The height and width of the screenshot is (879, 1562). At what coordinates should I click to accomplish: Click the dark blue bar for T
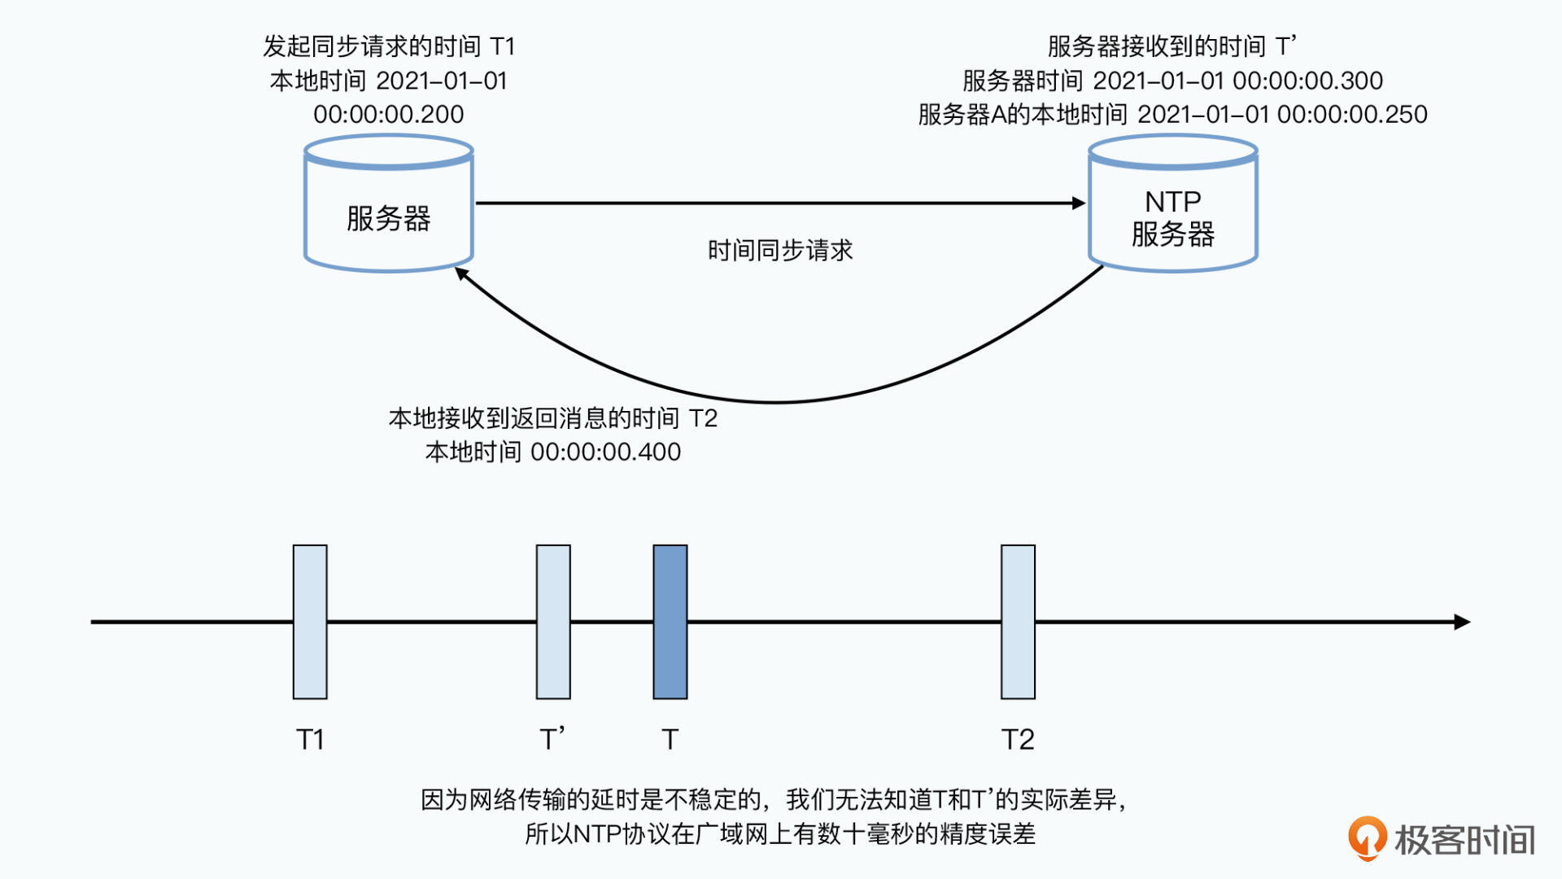[x=670, y=622]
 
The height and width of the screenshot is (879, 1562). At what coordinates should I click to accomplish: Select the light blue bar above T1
[x=310, y=622]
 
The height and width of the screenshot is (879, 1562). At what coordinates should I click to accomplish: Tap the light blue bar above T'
[x=553, y=622]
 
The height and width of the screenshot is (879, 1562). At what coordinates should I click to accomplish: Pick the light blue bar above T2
[x=1018, y=622]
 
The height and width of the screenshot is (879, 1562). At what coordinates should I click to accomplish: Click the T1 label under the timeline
[x=310, y=739]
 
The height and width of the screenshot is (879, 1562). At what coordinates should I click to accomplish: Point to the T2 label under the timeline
[x=1018, y=739]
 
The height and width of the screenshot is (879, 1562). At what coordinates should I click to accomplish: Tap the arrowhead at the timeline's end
[x=1462, y=622]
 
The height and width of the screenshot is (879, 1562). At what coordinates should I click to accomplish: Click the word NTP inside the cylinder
[x=1173, y=201]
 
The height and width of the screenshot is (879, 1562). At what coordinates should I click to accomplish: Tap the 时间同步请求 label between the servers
[x=780, y=250]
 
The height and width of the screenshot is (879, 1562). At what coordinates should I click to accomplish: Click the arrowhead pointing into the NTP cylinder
[x=1079, y=203]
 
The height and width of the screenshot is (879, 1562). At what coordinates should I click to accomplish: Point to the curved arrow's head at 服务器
[x=461, y=273]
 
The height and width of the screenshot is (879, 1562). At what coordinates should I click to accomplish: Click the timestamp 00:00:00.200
[x=389, y=114]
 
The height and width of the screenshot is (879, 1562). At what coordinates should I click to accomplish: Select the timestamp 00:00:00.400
[x=605, y=452]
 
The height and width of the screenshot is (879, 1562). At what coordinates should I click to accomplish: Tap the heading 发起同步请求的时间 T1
[x=389, y=46]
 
